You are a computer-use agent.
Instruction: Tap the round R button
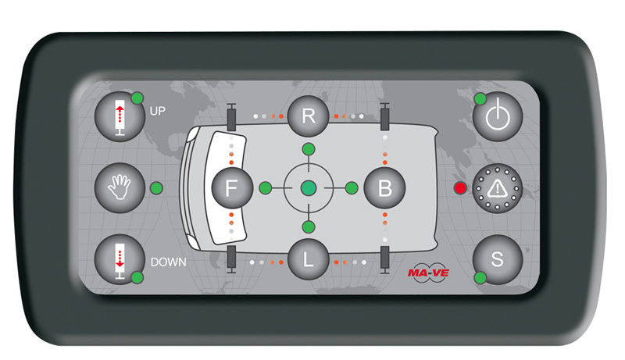pos(308,116)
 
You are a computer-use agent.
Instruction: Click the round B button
pos(384,187)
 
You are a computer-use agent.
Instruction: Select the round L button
pos(308,259)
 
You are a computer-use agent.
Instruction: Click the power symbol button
pos(498,116)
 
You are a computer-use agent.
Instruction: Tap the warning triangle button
pos(498,188)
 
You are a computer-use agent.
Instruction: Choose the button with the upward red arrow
pos(120,116)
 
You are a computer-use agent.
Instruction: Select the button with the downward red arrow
pos(120,259)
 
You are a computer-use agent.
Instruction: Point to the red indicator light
pos(460,188)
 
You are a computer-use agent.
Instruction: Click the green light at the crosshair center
pos(309,188)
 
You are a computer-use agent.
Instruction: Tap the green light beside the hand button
pos(157,188)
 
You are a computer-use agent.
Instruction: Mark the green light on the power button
pos(480,98)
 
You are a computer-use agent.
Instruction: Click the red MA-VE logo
pos(428,273)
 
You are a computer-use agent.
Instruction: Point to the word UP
pos(158,111)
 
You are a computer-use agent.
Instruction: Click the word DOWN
pos(168,262)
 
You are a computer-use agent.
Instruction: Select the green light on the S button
pos(480,277)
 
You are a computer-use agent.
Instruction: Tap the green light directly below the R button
pos(309,149)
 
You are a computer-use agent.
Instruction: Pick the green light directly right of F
pos(266,188)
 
